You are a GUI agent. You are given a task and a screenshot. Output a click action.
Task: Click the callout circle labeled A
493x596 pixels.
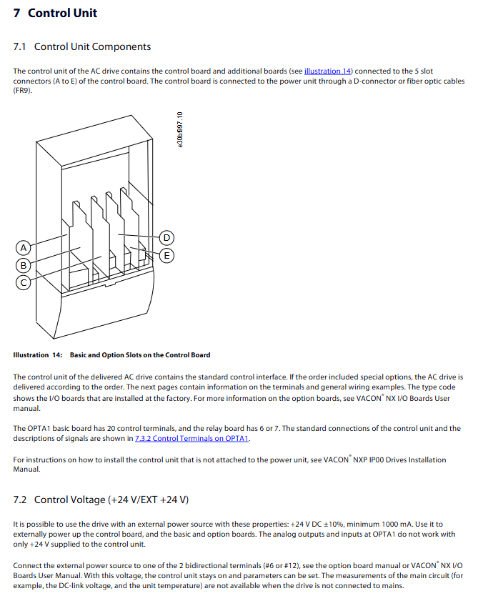click(24, 247)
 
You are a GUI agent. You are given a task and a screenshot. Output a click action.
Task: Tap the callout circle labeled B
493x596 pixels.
click(24, 265)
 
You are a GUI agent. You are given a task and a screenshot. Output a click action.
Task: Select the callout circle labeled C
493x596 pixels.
click(24, 282)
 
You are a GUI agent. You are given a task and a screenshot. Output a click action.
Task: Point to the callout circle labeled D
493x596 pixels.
click(167, 237)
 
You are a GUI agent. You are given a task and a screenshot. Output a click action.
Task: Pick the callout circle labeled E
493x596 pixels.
click(167, 255)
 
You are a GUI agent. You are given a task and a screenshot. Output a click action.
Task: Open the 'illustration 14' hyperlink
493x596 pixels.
click(329, 71)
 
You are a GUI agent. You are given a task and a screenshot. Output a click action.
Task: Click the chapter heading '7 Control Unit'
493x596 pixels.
click(55, 13)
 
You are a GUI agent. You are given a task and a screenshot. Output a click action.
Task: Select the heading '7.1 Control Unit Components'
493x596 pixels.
click(82, 47)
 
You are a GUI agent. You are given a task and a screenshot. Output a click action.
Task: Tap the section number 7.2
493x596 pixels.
click(20, 500)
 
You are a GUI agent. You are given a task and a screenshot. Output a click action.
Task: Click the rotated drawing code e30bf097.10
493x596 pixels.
click(180, 129)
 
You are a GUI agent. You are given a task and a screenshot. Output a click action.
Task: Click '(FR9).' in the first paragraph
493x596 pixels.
click(23, 90)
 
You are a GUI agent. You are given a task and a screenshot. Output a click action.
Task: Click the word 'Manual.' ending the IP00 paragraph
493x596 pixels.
click(27, 470)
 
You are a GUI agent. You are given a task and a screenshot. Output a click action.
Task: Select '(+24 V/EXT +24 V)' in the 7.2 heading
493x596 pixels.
click(148, 500)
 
